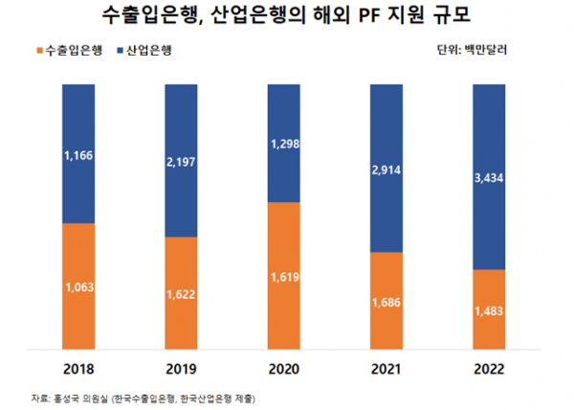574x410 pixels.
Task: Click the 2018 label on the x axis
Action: click(77, 369)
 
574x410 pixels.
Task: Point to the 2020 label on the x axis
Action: click(286, 369)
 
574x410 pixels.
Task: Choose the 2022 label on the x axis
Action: click(495, 369)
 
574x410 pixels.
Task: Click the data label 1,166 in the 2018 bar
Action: click(77, 153)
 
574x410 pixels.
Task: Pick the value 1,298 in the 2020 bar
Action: click(286, 143)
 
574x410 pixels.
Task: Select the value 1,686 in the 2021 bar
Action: click(390, 301)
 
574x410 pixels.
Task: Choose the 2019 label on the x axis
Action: click(182, 369)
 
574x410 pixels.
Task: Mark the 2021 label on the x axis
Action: click(390, 369)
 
